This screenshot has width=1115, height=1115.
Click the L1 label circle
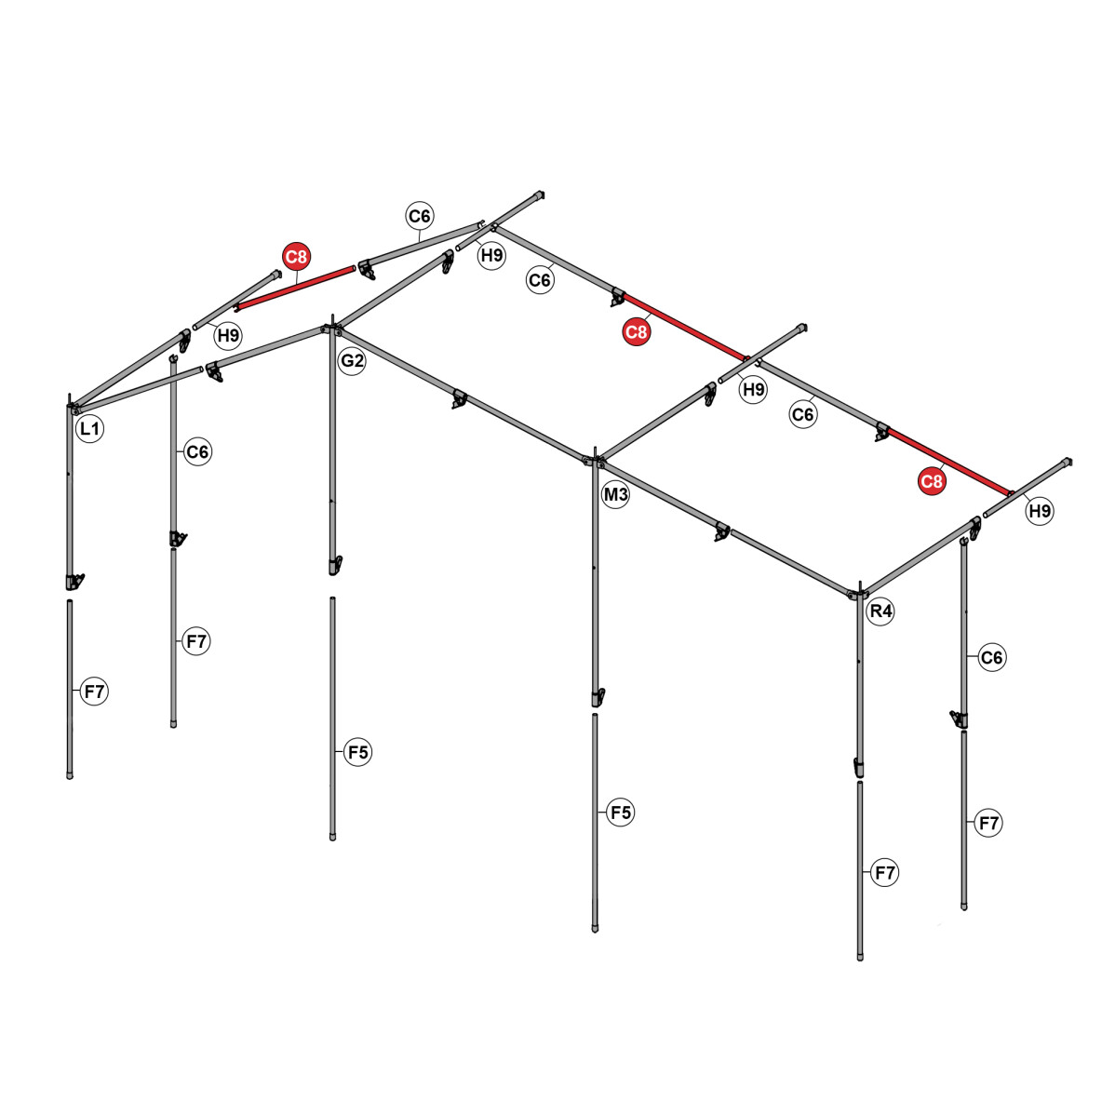pos(89,429)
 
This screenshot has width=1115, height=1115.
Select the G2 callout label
pos(352,361)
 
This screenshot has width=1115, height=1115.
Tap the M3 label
pos(616,495)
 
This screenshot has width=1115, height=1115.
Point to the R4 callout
pos(880,611)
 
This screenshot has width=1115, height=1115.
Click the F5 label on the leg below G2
pos(358,752)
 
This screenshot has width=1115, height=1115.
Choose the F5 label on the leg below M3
pos(621,813)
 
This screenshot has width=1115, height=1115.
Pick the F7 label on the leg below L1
pos(94,692)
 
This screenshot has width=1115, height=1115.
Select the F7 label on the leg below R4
pos(885,873)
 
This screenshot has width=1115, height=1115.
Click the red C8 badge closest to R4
pos(932,481)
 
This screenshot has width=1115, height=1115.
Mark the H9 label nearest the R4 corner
pos(1040,510)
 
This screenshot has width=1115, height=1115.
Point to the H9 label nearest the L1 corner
pos(228,335)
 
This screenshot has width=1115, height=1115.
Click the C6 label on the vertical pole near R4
pos(993,658)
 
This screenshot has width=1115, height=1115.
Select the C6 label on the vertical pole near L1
pos(198,452)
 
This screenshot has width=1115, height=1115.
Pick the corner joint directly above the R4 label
pos(858,594)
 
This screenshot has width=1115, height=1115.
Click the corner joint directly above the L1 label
pos(72,407)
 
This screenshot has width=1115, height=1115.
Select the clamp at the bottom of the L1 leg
pos(74,582)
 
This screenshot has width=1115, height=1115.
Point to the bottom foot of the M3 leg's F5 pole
pos(596,927)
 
